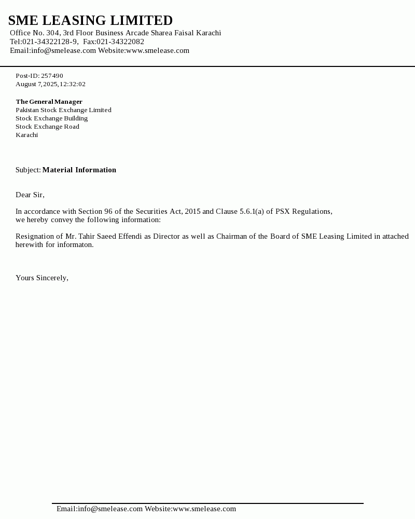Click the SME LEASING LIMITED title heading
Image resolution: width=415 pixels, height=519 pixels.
coord(90,21)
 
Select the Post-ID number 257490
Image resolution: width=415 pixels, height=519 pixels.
coord(52,76)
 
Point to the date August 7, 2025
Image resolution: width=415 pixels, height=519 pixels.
coord(36,84)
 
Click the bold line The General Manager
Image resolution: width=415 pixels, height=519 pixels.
coord(49,102)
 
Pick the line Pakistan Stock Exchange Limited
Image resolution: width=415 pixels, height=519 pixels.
coord(63,110)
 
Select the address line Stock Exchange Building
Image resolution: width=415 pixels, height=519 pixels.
coord(51,118)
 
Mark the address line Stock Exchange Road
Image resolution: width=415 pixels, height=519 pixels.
coord(47,127)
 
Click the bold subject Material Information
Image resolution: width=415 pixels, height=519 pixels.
coord(79,170)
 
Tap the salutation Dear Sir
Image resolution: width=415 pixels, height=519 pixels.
coord(30,195)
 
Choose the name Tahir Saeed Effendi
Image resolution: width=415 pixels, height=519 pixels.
coord(110,237)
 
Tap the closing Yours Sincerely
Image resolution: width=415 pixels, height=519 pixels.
coord(41,278)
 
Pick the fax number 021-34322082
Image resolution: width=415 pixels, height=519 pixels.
coord(120,42)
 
